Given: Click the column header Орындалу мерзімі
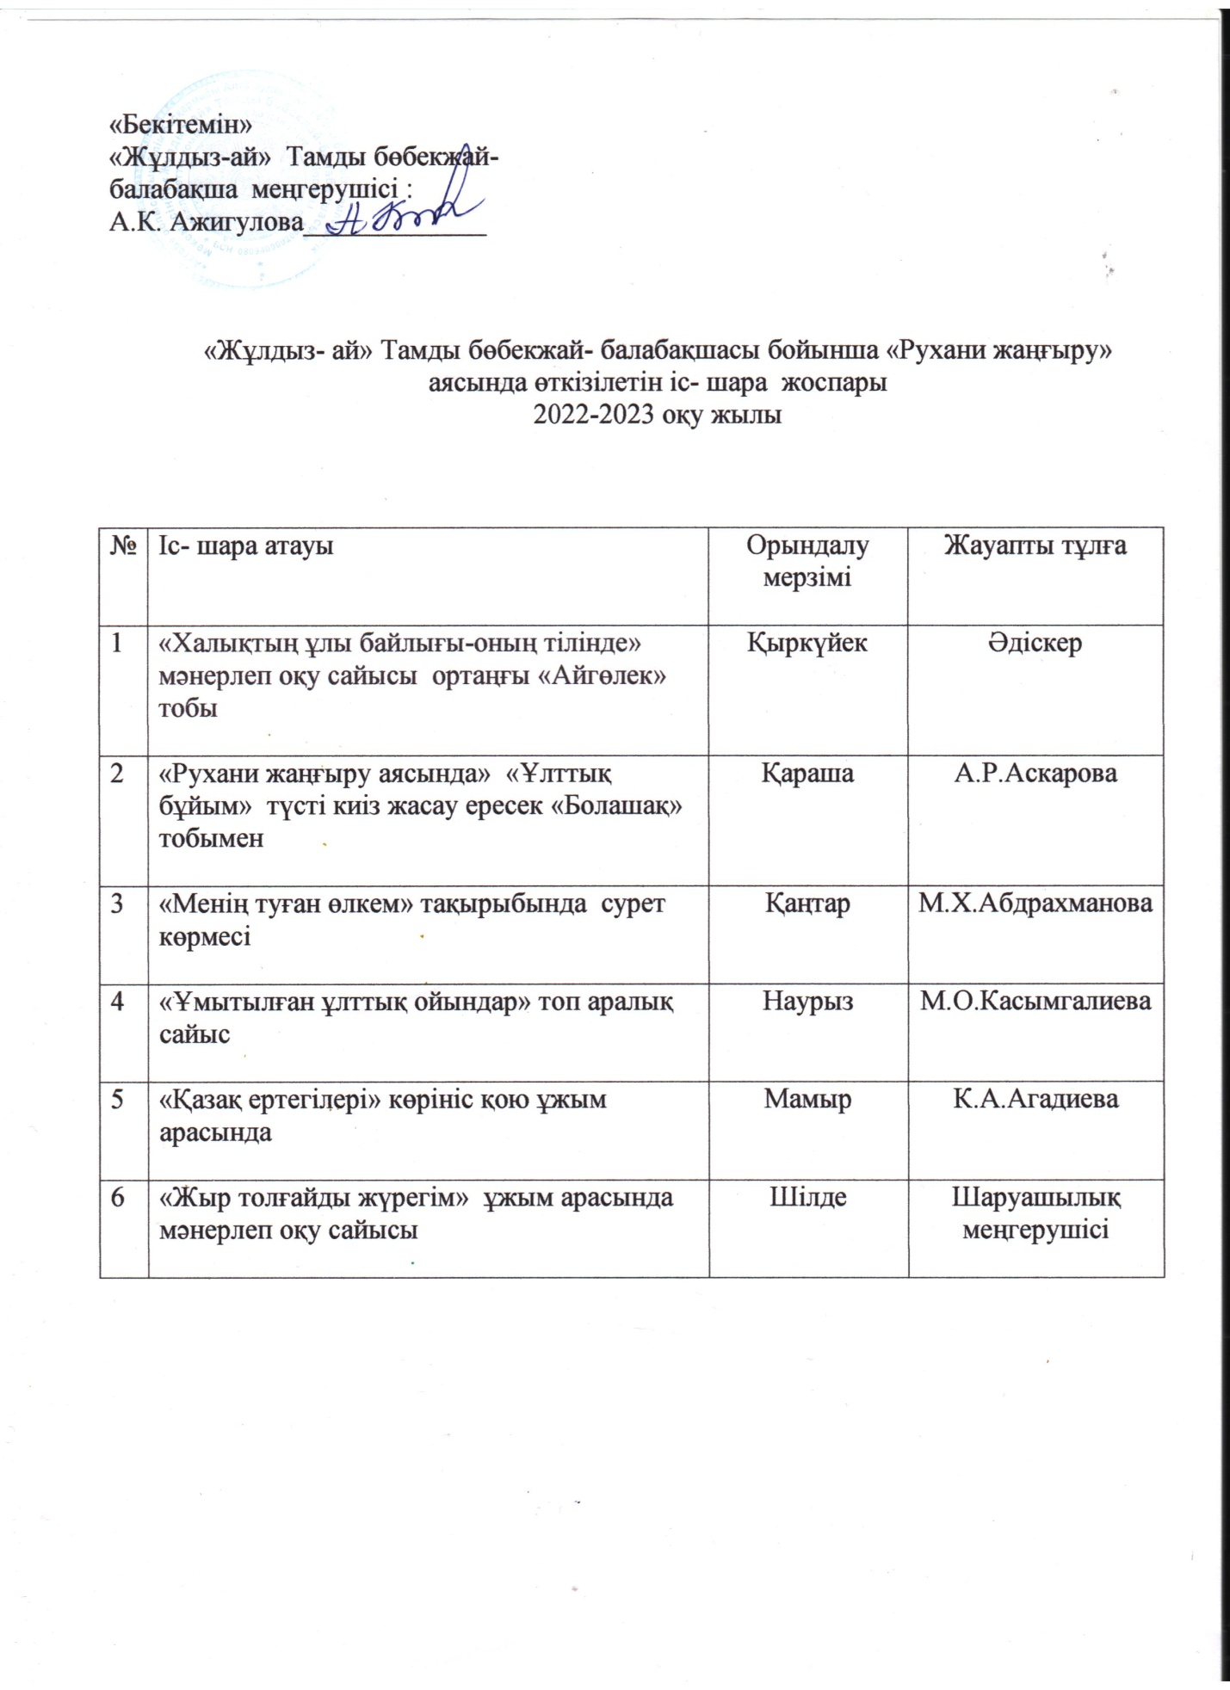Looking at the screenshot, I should pyautogui.click(x=807, y=560).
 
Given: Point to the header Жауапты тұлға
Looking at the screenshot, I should pyautogui.click(x=1035, y=545).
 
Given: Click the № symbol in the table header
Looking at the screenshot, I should pyautogui.click(x=124, y=546).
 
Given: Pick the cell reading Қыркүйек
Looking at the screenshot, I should pyautogui.click(x=807, y=643).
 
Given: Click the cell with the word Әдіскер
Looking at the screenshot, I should pyautogui.click(x=1035, y=643).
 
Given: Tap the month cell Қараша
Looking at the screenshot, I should pyautogui.click(x=807, y=773).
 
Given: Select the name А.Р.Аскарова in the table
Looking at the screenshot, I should pyautogui.click(x=1035, y=773).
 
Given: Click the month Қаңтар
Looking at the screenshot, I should pyautogui.click(x=807, y=904).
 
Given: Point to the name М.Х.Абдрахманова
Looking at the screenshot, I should pyautogui.click(x=1035, y=904).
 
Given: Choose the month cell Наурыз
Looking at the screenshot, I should pyautogui.click(x=807, y=1002).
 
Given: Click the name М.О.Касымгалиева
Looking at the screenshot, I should pyautogui.click(x=1035, y=1002).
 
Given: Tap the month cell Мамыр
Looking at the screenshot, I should pyautogui.click(x=807, y=1099).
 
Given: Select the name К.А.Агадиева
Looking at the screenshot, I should pyautogui.click(x=1035, y=1099).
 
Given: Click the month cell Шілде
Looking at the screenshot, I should pyautogui.click(x=807, y=1197).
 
